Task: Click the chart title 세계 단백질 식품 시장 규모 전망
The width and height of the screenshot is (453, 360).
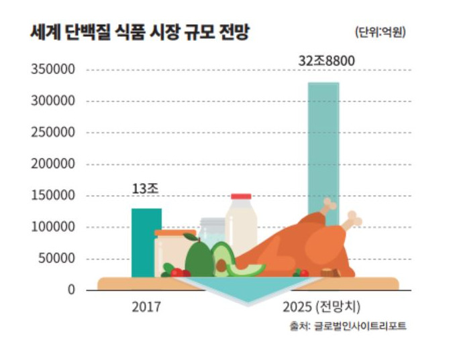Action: point(140,33)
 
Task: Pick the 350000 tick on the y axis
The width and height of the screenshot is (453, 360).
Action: point(52,70)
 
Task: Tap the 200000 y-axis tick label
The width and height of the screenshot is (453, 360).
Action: point(52,164)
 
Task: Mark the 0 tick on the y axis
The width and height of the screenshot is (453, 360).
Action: point(70,290)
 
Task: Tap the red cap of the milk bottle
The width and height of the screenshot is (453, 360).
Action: point(241,196)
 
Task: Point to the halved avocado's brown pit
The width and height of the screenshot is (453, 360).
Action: point(221,266)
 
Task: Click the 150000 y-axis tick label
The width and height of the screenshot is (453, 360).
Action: point(52,196)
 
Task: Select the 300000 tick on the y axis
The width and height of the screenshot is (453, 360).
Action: point(52,101)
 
